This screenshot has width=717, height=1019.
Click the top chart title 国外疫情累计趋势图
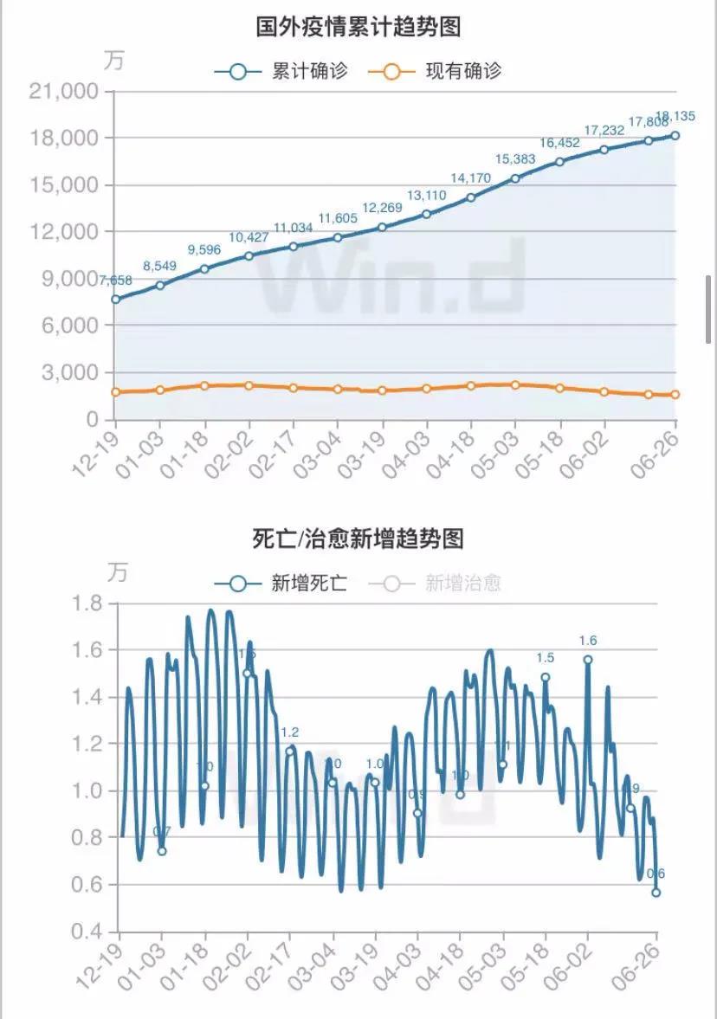[358, 27]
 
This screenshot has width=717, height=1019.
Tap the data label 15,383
[515, 159]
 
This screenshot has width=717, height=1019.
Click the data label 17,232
[604, 130]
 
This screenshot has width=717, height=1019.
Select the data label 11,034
[294, 228]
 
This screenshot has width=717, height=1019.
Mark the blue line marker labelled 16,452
[559, 162]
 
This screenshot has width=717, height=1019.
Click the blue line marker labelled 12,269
[382, 227]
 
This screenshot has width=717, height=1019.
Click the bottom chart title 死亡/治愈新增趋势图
[358, 539]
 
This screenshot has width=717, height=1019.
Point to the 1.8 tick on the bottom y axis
[87, 603]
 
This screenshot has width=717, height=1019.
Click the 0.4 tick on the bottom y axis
[87, 932]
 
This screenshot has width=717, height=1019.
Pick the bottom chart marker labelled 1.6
[588, 660]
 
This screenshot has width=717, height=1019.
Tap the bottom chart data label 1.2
[289, 732]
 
